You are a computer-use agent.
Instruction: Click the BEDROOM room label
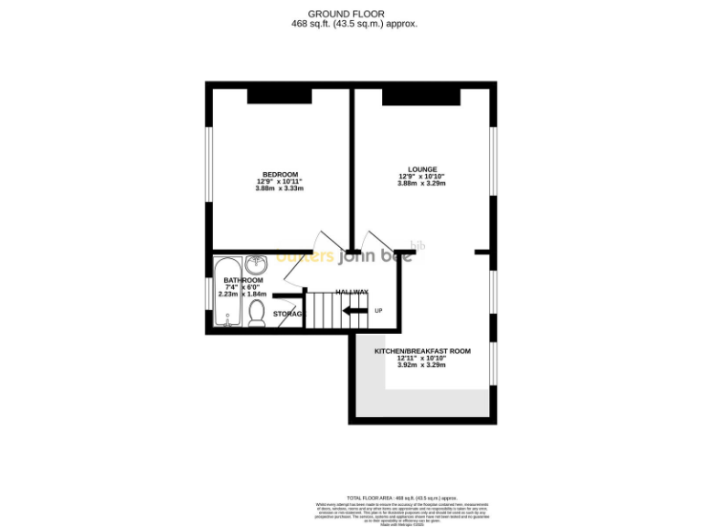pyautogui.click(x=280, y=175)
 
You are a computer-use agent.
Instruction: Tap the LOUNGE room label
pyautogui.click(x=422, y=169)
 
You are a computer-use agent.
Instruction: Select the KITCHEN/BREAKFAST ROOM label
pyautogui.click(x=421, y=351)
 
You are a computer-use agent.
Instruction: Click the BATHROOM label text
pyautogui.click(x=243, y=280)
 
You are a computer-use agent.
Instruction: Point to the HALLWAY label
pyautogui.click(x=351, y=292)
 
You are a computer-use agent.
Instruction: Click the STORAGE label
pyautogui.click(x=288, y=314)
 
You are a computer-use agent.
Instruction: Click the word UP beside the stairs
pyautogui.click(x=378, y=311)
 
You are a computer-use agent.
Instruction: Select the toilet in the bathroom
pyautogui.click(x=257, y=314)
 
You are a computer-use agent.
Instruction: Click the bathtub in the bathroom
pyautogui.click(x=227, y=292)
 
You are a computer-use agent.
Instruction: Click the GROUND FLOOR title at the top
pyautogui.click(x=350, y=14)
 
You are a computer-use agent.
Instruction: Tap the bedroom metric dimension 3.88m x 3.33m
pyautogui.click(x=280, y=189)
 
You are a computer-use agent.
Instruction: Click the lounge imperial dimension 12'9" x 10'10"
pyautogui.click(x=421, y=177)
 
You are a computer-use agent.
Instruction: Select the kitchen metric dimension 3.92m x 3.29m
pyautogui.click(x=421, y=365)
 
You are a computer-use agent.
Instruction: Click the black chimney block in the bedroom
pyautogui.click(x=279, y=95)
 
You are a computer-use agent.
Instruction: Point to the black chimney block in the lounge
pyautogui.click(x=420, y=96)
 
